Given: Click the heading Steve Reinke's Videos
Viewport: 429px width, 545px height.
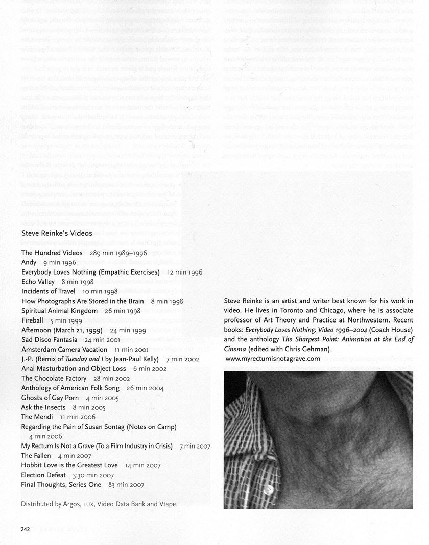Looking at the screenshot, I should click(57, 233).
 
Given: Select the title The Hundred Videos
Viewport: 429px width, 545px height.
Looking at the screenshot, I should click(52, 253).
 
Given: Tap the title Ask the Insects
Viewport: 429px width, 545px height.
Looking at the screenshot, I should click(43, 407).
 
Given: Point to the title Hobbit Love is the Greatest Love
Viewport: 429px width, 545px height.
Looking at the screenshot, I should click(69, 465).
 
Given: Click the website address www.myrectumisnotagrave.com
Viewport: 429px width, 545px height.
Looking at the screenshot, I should click(273, 359).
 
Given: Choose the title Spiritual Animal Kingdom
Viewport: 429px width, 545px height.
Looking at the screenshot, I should click(59, 311).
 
